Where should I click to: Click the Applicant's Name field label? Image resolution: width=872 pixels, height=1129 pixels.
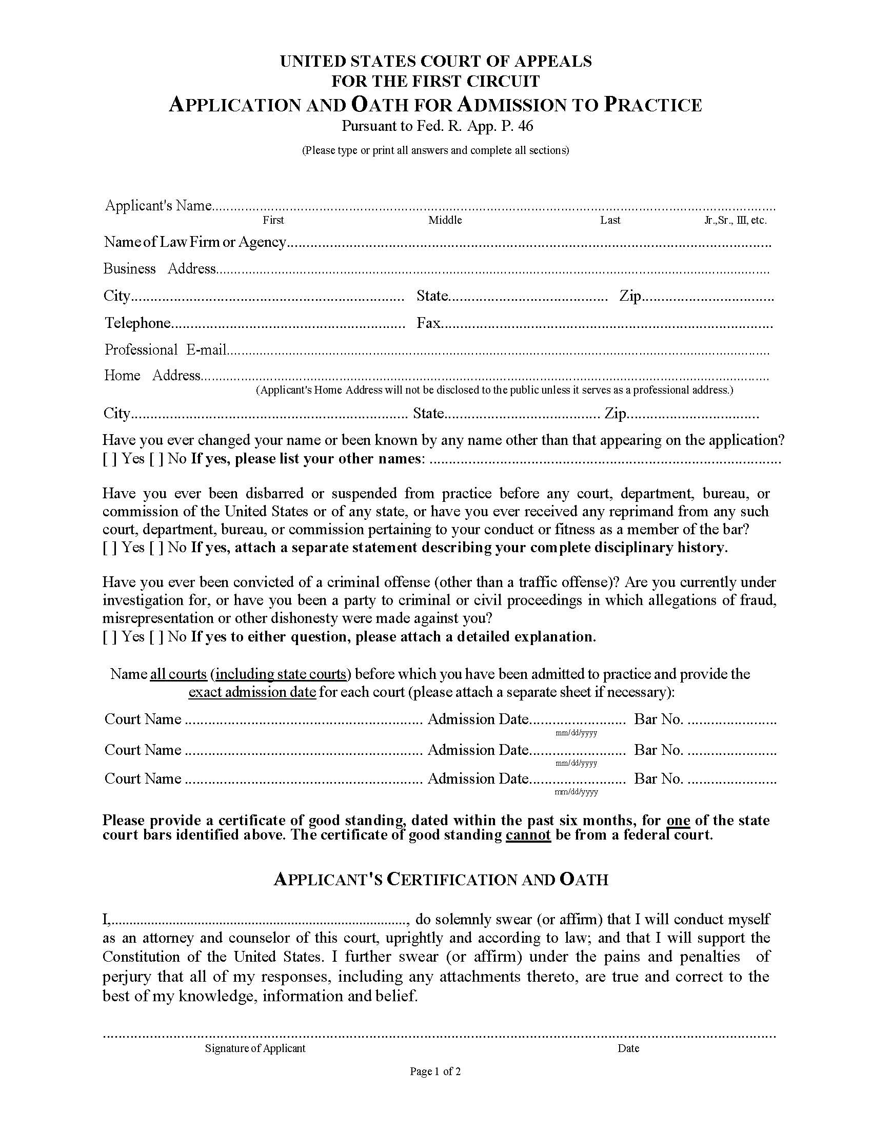click(158, 206)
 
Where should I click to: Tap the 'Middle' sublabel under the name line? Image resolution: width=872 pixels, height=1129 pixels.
click(445, 220)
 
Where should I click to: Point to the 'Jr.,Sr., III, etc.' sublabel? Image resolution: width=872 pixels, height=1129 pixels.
click(735, 220)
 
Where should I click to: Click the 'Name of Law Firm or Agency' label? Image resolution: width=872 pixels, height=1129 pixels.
click(195, 242)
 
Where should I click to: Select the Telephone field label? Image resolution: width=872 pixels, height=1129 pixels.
click(137, 323)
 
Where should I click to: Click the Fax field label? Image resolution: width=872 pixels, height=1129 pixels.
click(428, 323)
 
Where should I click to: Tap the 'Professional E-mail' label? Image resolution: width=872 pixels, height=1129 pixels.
click(165, 350)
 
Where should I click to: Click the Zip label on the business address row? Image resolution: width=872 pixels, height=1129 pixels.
click(630, 296)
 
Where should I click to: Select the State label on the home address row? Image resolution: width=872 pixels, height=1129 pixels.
click(428, 414)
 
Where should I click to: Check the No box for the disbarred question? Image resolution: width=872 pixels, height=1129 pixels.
click(156, 548)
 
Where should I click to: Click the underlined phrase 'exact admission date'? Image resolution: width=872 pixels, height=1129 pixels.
click(252, 692)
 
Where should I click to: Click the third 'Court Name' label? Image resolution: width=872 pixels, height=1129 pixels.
click(143, 779)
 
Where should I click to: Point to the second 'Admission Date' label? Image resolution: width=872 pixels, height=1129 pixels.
click(478, 750)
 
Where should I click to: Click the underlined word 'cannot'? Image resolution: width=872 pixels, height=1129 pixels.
click(528, 835)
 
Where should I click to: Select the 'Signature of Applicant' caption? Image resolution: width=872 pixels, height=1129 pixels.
click(255, 1048)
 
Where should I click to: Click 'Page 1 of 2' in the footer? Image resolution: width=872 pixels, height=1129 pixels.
click(435, 1072)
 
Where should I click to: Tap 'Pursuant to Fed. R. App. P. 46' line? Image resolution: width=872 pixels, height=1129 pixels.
click(437, 126)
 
